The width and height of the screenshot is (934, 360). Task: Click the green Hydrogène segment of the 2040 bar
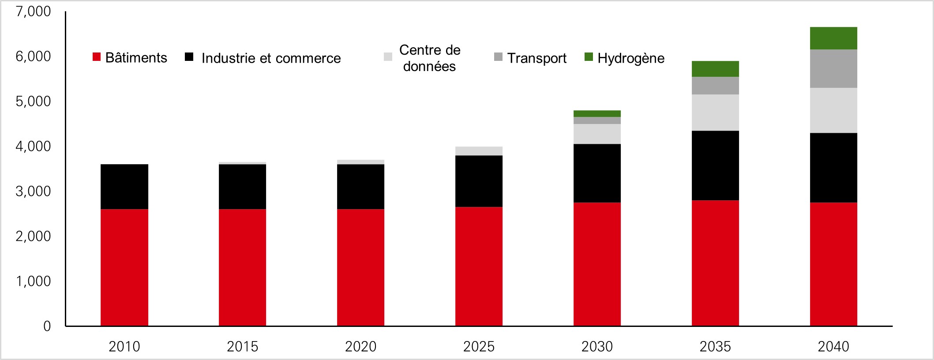coord(833,38)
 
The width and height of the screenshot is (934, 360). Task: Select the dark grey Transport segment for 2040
coord(833,69)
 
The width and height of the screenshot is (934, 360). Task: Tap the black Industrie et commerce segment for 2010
coord(124,187)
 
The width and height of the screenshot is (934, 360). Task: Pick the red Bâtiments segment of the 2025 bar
coord(479,266)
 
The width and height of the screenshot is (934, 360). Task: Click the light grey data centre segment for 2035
coord(715,112)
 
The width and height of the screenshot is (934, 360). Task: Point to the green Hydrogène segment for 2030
coord(597,114)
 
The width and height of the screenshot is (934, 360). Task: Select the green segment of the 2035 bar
coord(715,69)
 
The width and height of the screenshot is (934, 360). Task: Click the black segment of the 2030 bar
coord(597,173)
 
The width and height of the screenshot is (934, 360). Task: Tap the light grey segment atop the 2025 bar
coord(479,151)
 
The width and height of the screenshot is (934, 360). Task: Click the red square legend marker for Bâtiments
coord(97,57)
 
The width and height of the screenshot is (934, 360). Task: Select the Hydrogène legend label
coord(631,58)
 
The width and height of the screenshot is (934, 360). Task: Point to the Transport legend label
coord(536,58)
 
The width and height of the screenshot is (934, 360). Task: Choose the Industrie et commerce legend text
coord(271,58)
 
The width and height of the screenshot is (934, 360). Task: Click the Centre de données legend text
coord(430,58)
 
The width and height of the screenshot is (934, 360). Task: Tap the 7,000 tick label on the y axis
coord(33,11)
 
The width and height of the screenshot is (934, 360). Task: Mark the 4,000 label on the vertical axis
coord(33,146)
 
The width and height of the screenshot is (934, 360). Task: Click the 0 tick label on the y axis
coord(47,326)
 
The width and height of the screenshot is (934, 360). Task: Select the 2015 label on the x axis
coord(242,347)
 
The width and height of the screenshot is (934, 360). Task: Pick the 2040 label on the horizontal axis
coord(833,347)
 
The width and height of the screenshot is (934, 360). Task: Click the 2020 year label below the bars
coord(360,347)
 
